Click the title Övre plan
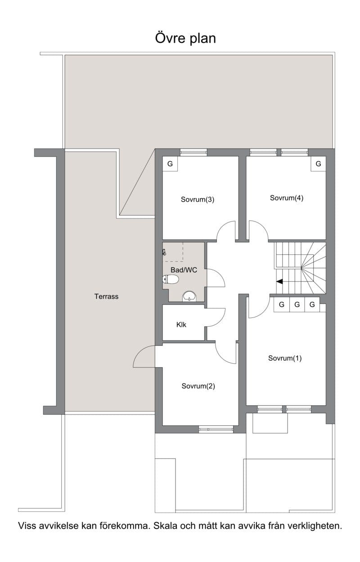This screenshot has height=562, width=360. tap(185, 38)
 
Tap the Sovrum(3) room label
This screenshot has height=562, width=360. tap(197, 200)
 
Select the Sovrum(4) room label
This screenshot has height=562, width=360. tap(287, 198)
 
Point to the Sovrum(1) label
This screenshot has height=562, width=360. tap(285, 358)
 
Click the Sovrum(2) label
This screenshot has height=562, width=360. tap(198, 386)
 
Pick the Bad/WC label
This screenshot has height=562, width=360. tap(184, 270)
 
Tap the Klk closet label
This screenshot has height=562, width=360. tap(181, 325)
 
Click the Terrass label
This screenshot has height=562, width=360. tap(106, 296)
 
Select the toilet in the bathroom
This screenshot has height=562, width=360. tap(171, 279)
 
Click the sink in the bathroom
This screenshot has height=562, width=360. tap(189, 296)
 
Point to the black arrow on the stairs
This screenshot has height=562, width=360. tap(279, 281)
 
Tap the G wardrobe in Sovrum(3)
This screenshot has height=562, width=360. tap(170, 164)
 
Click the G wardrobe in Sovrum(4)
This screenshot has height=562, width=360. tap(318, 164)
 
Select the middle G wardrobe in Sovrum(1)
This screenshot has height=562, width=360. tap(297, 304)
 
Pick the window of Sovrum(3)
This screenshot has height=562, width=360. tap(193, 152)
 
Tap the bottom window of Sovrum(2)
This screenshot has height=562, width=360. tap(216, 429)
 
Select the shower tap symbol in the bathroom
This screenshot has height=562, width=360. tap(164, 252)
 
